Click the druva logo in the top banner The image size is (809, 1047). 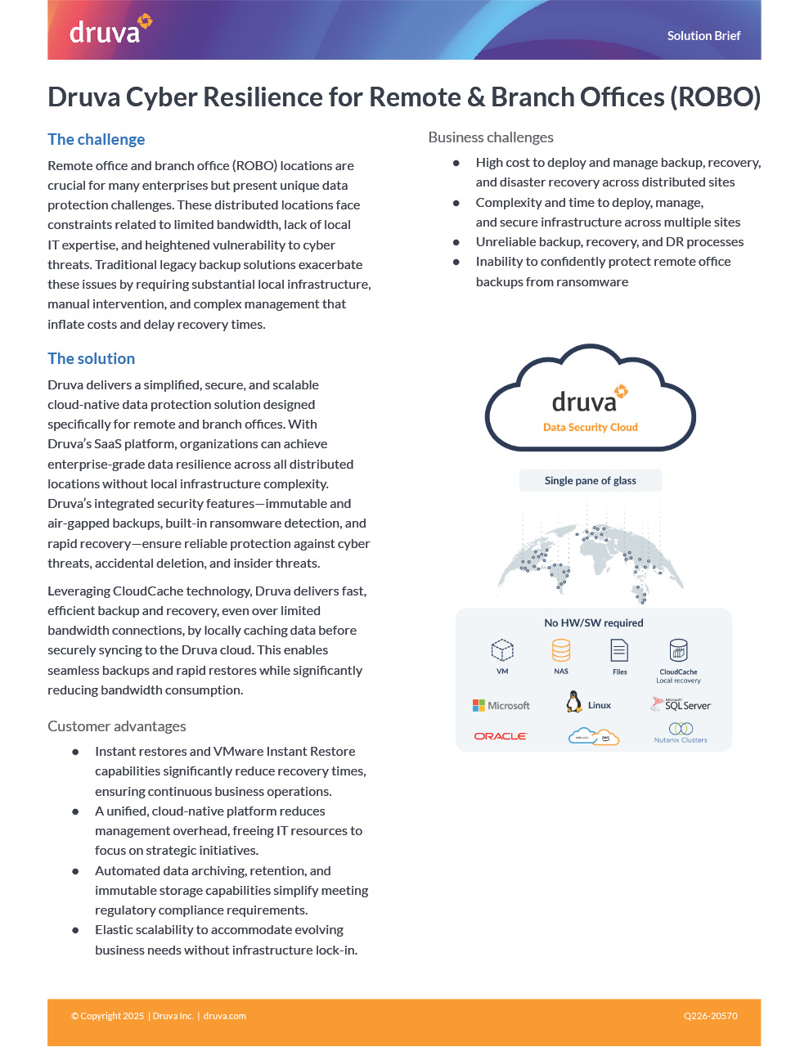(x=110, y=29)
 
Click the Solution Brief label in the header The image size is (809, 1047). (x=703, y=36)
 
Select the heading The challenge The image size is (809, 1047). (x=97, y=139)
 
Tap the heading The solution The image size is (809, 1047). (x=92, y=358)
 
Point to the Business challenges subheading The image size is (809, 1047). (x=491, y=137)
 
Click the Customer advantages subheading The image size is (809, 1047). (x=117, y=726)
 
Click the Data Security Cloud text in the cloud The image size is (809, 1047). (x=590, y=427)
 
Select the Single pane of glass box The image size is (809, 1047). (x=590, y=481)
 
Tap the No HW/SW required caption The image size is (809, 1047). (x=593, y=622)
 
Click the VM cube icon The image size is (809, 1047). (x=502, y=650)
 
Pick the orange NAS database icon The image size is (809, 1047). (x=561, y=650)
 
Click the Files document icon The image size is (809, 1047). (x=619, y=651)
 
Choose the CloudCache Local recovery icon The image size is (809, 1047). (x=678, y=651)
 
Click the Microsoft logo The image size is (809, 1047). (x=501, y=705)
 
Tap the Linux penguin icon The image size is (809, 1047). (x=574, y=702)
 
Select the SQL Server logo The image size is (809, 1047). (x=681, y=704)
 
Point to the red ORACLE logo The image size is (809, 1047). (x=501, y=736)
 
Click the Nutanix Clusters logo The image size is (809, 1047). (x=681, y=732)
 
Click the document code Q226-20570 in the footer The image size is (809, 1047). (x=710, y=1016)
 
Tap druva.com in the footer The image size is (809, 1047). (x=225, y=1016)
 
